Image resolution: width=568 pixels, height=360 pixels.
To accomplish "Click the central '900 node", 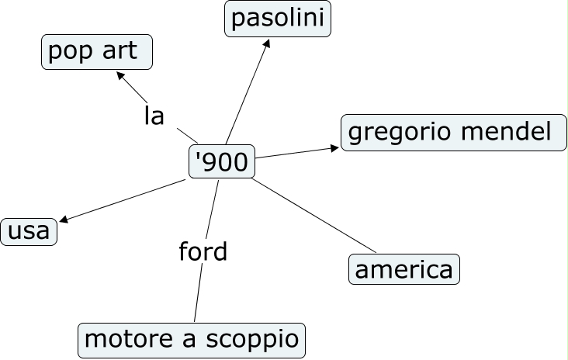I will [222, 162].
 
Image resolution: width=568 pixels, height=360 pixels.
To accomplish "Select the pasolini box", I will [278, 19].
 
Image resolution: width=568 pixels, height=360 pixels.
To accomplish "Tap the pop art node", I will [96, 52].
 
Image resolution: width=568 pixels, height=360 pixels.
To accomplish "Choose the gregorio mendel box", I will [453, 133].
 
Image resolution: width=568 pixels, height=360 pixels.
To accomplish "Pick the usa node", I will [29, 231].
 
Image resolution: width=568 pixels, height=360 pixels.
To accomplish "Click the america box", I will [403, 269].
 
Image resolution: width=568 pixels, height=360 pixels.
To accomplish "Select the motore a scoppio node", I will [191, 340].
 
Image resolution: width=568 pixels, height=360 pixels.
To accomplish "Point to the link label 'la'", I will [154, 116].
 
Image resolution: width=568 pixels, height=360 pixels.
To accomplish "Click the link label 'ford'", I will [203, 252].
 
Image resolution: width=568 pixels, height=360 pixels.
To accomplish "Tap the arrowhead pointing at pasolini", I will [267, 43].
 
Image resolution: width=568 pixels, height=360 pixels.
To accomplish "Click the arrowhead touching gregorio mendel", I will [334, 146].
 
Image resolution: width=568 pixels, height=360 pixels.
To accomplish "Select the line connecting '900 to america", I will [314, 216].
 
